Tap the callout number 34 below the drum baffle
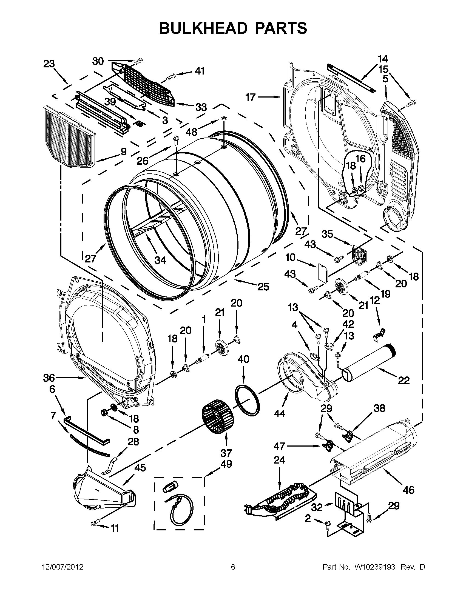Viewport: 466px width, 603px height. [x=160, y=260]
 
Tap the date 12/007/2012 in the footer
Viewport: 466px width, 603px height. [x=62, y=567]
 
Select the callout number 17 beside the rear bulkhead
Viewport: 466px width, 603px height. [x=251, y=97]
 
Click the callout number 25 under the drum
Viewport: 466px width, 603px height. [x=263, y=287]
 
